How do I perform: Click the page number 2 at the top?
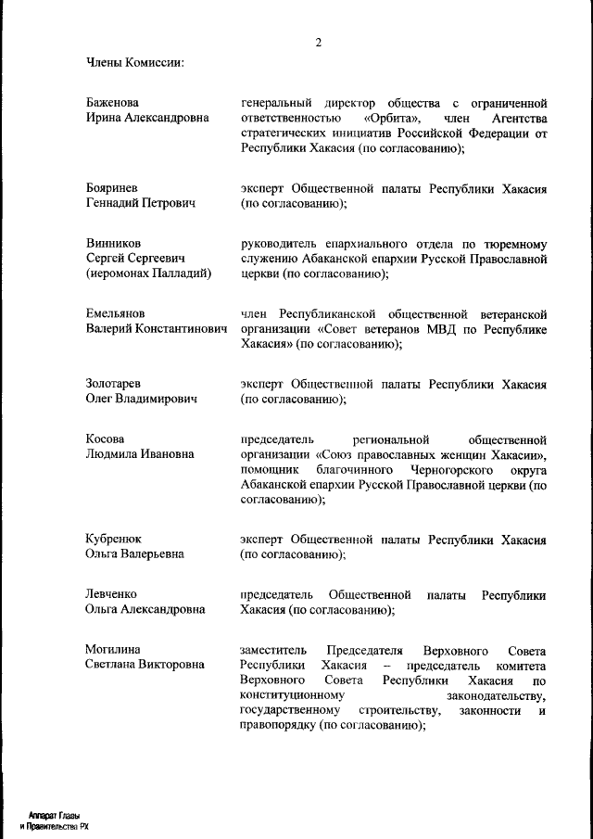tap(318, 43)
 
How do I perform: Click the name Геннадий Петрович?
tap(140, 204)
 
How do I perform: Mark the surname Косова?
tap(105, 439)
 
